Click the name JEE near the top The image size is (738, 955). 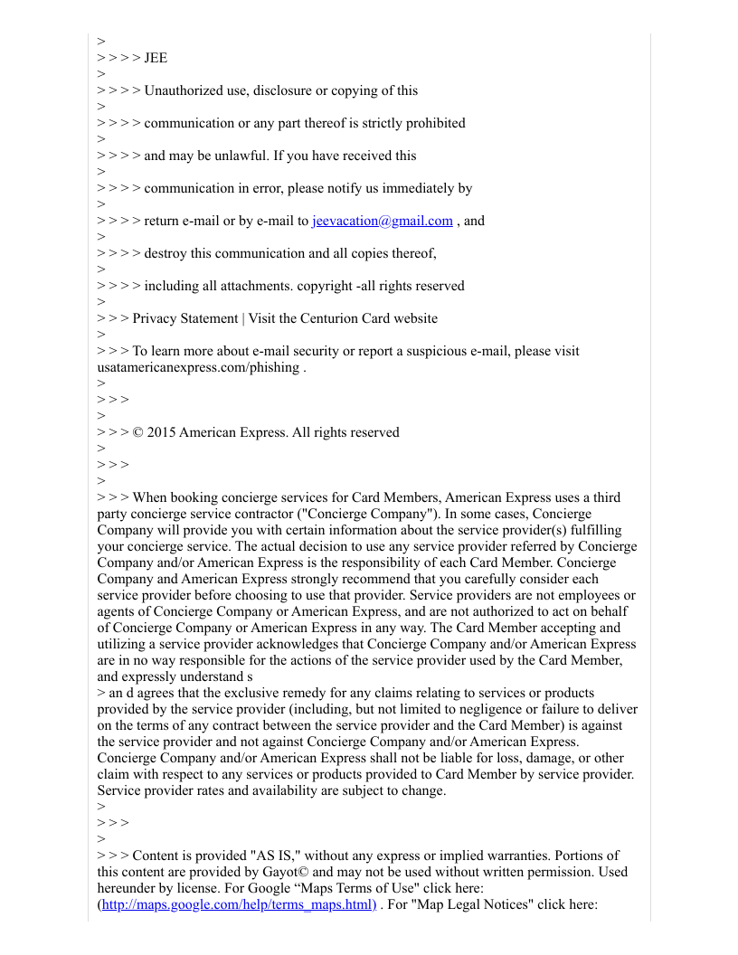pos(156,58)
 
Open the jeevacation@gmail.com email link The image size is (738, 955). pos(382,221)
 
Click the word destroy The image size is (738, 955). pos(166,253)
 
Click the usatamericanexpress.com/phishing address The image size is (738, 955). pos(198,367)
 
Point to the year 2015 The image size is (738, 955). pos(161,432)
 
